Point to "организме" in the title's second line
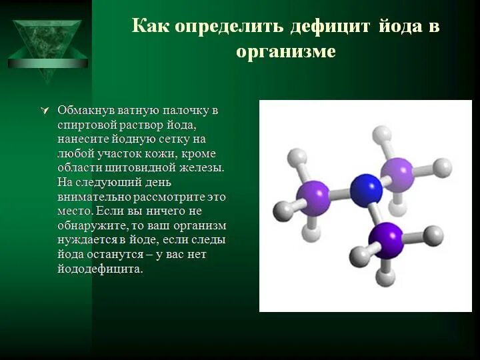(286, 51)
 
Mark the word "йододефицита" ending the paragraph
(100, 270)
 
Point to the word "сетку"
(173, 139)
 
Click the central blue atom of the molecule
(366, 189)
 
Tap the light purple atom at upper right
(399, 174)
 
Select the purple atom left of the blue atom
(313, 198)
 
